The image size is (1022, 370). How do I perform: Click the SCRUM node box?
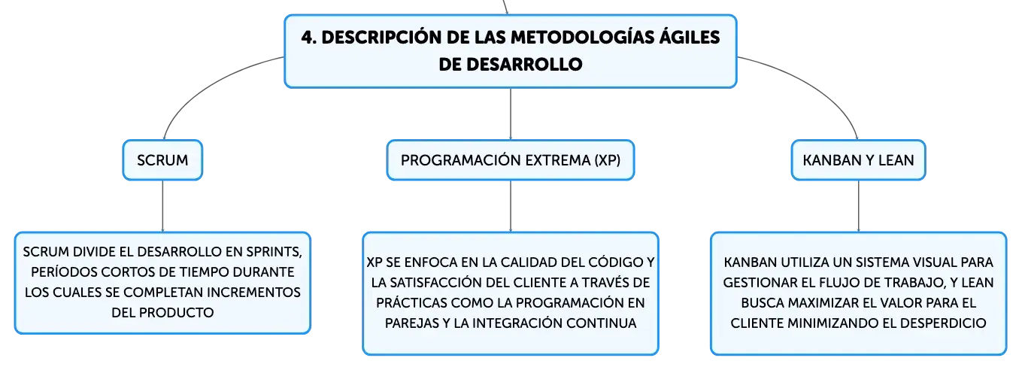(x=162, y=160)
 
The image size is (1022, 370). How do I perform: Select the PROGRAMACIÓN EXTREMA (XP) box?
(x=511, y=160)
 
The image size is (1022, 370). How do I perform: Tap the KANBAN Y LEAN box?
(x=858, y=160)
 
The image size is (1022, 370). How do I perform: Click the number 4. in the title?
(x=308, y=38)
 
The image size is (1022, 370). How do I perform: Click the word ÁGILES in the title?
(x=689, y=37)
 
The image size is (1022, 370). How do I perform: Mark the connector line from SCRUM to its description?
(x=162, y=206)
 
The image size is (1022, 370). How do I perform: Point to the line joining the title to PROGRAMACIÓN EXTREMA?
(x=511, y=114)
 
